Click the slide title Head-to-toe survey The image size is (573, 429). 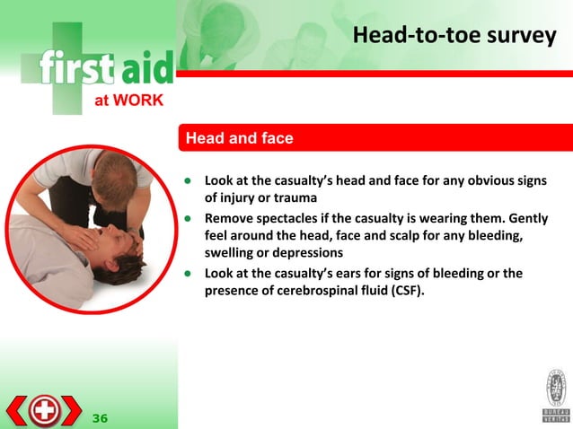[x=454, y=36]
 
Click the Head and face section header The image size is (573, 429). [x=239, y=139]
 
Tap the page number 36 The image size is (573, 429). [x=100, y=417]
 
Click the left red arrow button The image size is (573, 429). [x=17, y=410]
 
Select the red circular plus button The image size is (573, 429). [x=43, y=410]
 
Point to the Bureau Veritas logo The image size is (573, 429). [x=554, y=395]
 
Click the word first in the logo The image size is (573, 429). [x=76, y=68]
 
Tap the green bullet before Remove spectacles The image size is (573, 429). [x=190, y=218]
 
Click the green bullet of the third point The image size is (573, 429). [x=190, y=273]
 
